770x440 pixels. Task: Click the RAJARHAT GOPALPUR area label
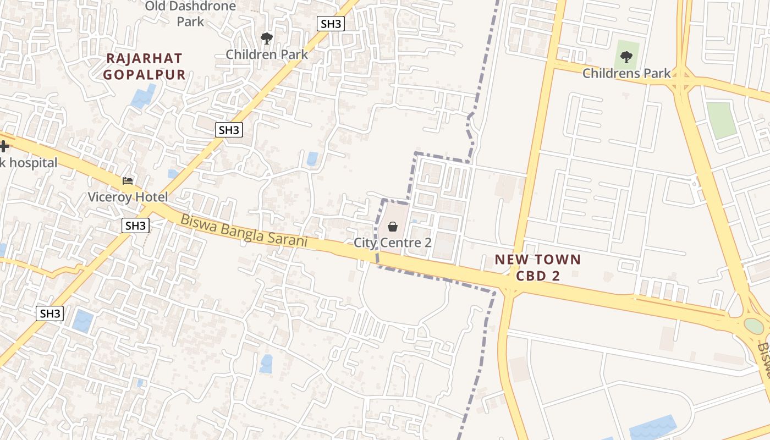coord(144,66)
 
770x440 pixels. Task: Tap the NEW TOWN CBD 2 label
coord(537,267)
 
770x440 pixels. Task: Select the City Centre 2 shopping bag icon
coord(393,226)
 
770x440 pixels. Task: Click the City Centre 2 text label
coord(393,242)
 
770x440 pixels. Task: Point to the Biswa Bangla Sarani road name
coord(244,230)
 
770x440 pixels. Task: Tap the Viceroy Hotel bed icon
coord(128,180)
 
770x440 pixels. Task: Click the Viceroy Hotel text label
coord(128,197)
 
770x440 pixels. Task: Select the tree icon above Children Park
coord(267,38)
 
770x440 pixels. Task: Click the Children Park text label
coord(267,54)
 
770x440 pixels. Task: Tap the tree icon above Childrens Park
coord(626,56)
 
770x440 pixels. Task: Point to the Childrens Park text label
coord(626,73)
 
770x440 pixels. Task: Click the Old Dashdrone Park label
coord(190,14)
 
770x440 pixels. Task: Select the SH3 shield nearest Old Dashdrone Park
coord(331,24)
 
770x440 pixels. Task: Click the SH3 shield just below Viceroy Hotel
coord(135,226)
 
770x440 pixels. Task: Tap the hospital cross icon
coord(4,146)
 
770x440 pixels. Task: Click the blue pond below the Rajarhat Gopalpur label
coord(143,97)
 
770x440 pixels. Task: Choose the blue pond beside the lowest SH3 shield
coord(83,320)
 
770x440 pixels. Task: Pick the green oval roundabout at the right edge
coord(754,326)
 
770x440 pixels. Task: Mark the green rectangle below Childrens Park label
coord(721,120)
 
